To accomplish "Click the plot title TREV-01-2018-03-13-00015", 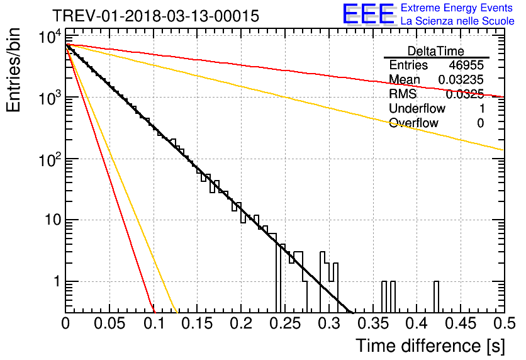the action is pos(156,16).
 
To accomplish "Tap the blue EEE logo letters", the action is pos(368,14).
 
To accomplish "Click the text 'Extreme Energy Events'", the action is pos(457,8).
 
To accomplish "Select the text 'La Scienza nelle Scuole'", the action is pos(457,21).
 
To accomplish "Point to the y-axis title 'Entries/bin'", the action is pos(13,70).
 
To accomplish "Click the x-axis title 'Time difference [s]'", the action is pos(430,346).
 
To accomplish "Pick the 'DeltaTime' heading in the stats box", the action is pos(436,51).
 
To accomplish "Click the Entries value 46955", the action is pos(466,65).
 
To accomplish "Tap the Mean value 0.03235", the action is pos(461,79).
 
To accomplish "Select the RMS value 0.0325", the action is pos(464,94).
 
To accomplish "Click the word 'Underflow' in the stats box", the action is pos(417,108).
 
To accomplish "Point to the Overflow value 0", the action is pos(480,123).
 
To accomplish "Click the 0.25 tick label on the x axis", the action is pos(285,323).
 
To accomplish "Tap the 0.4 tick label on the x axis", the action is pos(417,323).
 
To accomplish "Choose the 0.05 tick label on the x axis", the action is pos(109,323).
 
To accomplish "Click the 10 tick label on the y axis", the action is pos(53,220).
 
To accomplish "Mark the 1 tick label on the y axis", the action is pos(57,281).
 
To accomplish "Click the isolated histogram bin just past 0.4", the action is pos(436,297).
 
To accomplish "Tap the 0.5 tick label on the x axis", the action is pos(505,323).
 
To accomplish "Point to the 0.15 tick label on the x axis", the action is pos(198,323).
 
